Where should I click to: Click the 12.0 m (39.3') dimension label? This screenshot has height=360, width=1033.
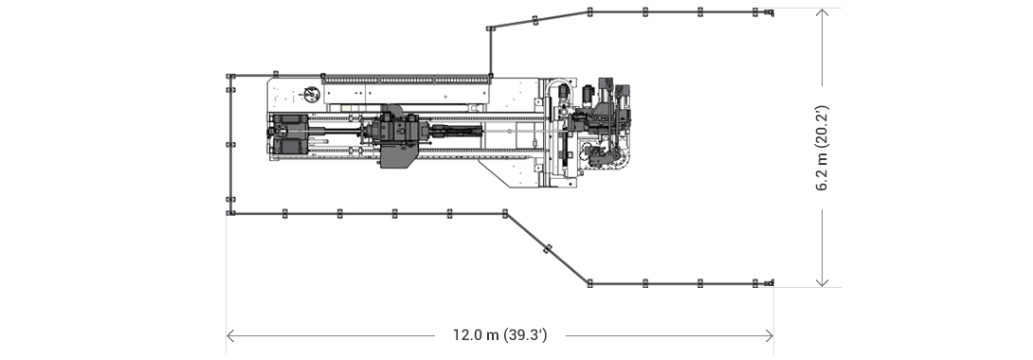point(499,335)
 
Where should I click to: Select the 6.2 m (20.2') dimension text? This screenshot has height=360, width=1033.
point(824,147)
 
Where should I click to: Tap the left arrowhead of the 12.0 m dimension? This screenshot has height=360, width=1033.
point(230,335)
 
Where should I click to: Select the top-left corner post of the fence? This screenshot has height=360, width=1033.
point(229,76)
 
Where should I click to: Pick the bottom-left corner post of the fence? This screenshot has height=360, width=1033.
point(229,213)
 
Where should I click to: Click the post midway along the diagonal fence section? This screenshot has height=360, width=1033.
point(546,248)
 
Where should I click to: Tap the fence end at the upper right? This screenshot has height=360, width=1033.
point(770,12)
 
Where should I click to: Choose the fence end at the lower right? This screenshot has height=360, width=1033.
point(770,282)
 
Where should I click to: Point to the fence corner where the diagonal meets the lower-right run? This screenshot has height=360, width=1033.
point(589,282)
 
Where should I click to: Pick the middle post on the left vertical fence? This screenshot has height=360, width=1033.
point(229,145)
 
